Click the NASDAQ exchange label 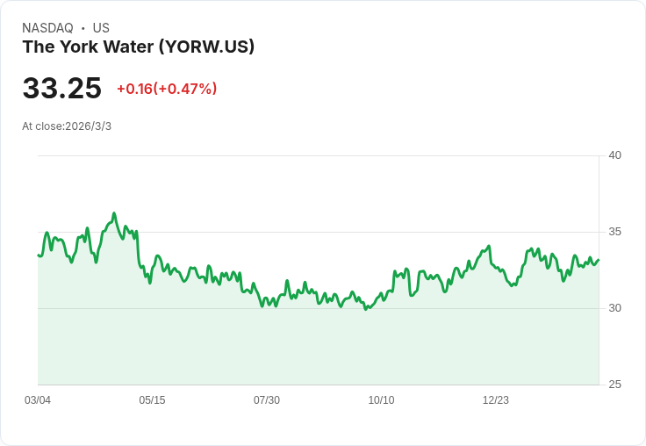(x=47, y=28)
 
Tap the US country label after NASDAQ (x=101, y=28)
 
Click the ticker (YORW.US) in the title (x=206, y=47)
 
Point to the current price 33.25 (x=61, y=88)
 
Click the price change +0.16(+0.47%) (x=167, y=89)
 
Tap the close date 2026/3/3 (x=89, y=126)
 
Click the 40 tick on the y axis (x=614, y=155)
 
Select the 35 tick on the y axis (x=614, y=232)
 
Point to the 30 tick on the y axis (x=614, y=308)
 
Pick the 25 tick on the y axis (x=614, y=385)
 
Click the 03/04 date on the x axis (x=38, y=400)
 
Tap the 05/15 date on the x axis (x=152, y=400)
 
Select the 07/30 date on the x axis (x=267, y=400)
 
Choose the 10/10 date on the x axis (x=381, y=400)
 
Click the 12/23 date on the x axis (x=496, y=400)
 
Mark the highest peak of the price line (x=114, y=213)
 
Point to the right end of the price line (x=598, y=259)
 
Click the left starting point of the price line (x=39, y=255)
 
